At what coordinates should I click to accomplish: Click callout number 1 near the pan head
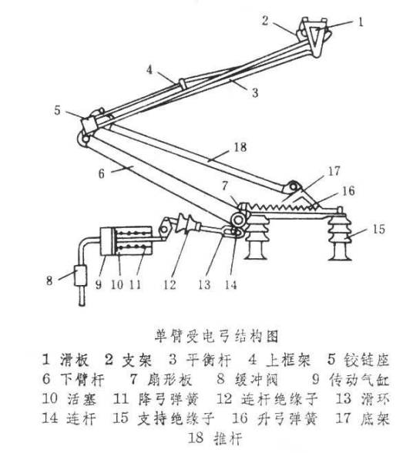[360, 22]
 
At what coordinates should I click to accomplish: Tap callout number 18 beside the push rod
[240, 147]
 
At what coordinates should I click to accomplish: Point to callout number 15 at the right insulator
[378, 229]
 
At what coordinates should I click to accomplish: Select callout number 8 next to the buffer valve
[50, 280]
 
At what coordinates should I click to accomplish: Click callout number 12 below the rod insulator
[170, 285]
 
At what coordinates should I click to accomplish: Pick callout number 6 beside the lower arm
[102, 173]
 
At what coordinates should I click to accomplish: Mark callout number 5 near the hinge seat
[58, 110]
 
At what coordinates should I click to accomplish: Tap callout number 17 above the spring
[334, 171]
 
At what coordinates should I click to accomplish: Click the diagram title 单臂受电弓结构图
[217, 336]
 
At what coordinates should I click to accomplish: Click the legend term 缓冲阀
[257, 379]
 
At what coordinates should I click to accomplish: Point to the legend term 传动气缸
[359, 379]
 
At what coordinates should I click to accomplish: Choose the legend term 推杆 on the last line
[228, 438]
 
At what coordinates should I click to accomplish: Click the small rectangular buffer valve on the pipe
[81, 276]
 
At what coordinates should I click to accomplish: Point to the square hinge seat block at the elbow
[89, 125]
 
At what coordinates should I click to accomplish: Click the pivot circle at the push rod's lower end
[294, 186]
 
